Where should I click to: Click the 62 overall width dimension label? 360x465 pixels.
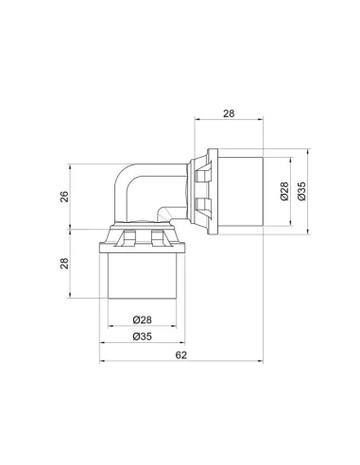pyautogui.click(x=180, y=355)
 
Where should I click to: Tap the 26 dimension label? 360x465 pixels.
pyautogui.click(x=64, y=197)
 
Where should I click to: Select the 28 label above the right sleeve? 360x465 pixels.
pyautogui.click(x=229, y=113)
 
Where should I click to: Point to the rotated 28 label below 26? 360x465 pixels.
pyautogui.click(x=64, y=264)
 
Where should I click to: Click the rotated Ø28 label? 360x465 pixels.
pyautogui.click(x=284, y=191)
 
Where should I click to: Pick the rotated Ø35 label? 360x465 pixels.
pyautogui.click(x=301, y=191)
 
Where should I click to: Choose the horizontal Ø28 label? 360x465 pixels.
pyautogui.click(x=142, y=319)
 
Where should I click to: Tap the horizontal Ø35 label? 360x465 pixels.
pyautogui.click(x=142, y=336)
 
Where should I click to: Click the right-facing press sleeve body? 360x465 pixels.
pyautogui.click(x=240, y=192)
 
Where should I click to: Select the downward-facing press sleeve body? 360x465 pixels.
pyautogui.click(x=142, y=276)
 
